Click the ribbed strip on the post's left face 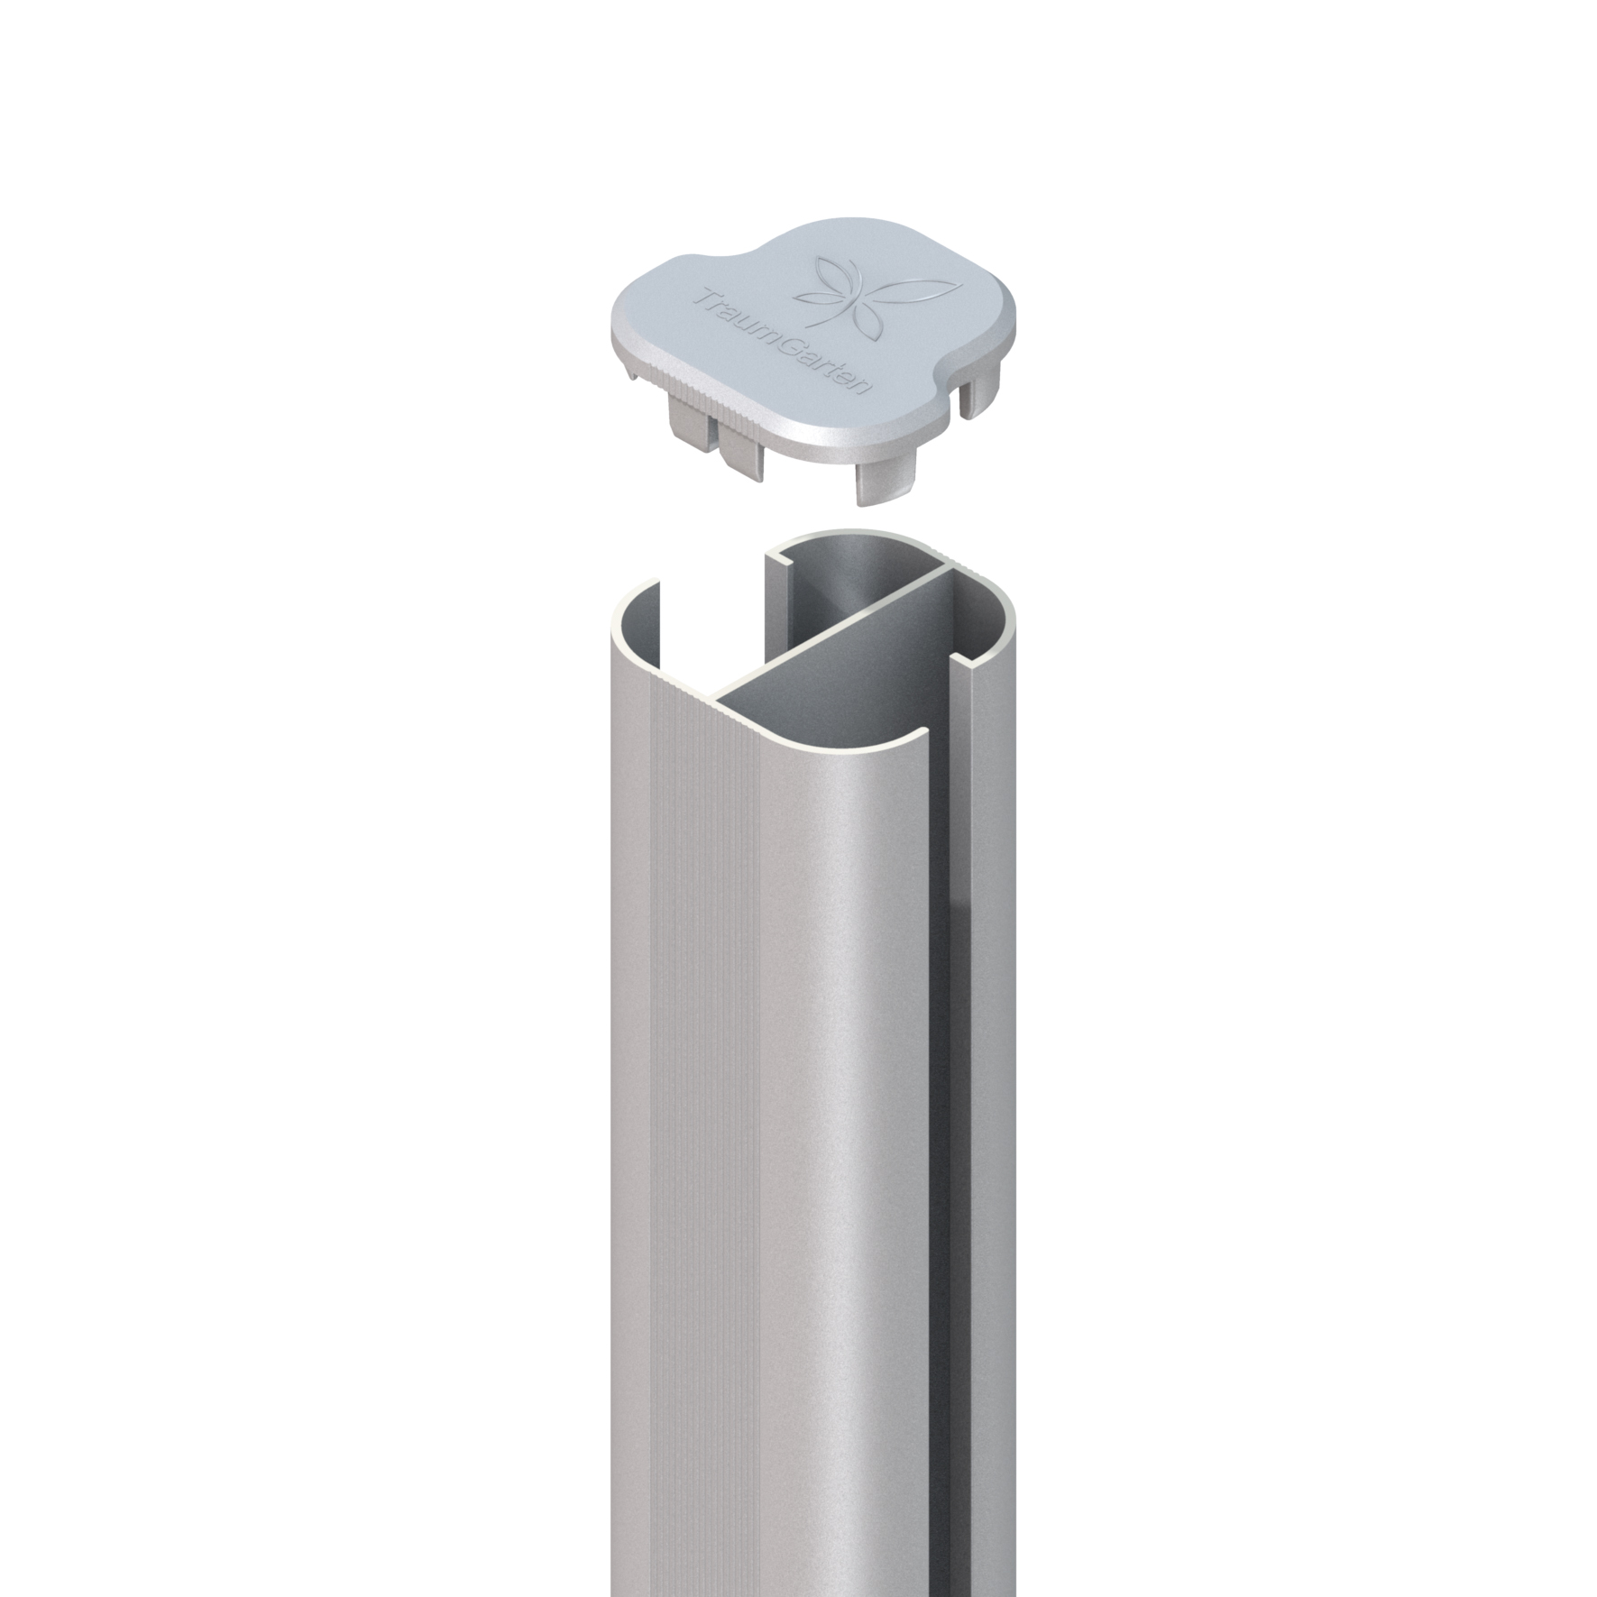coord(712,992)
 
